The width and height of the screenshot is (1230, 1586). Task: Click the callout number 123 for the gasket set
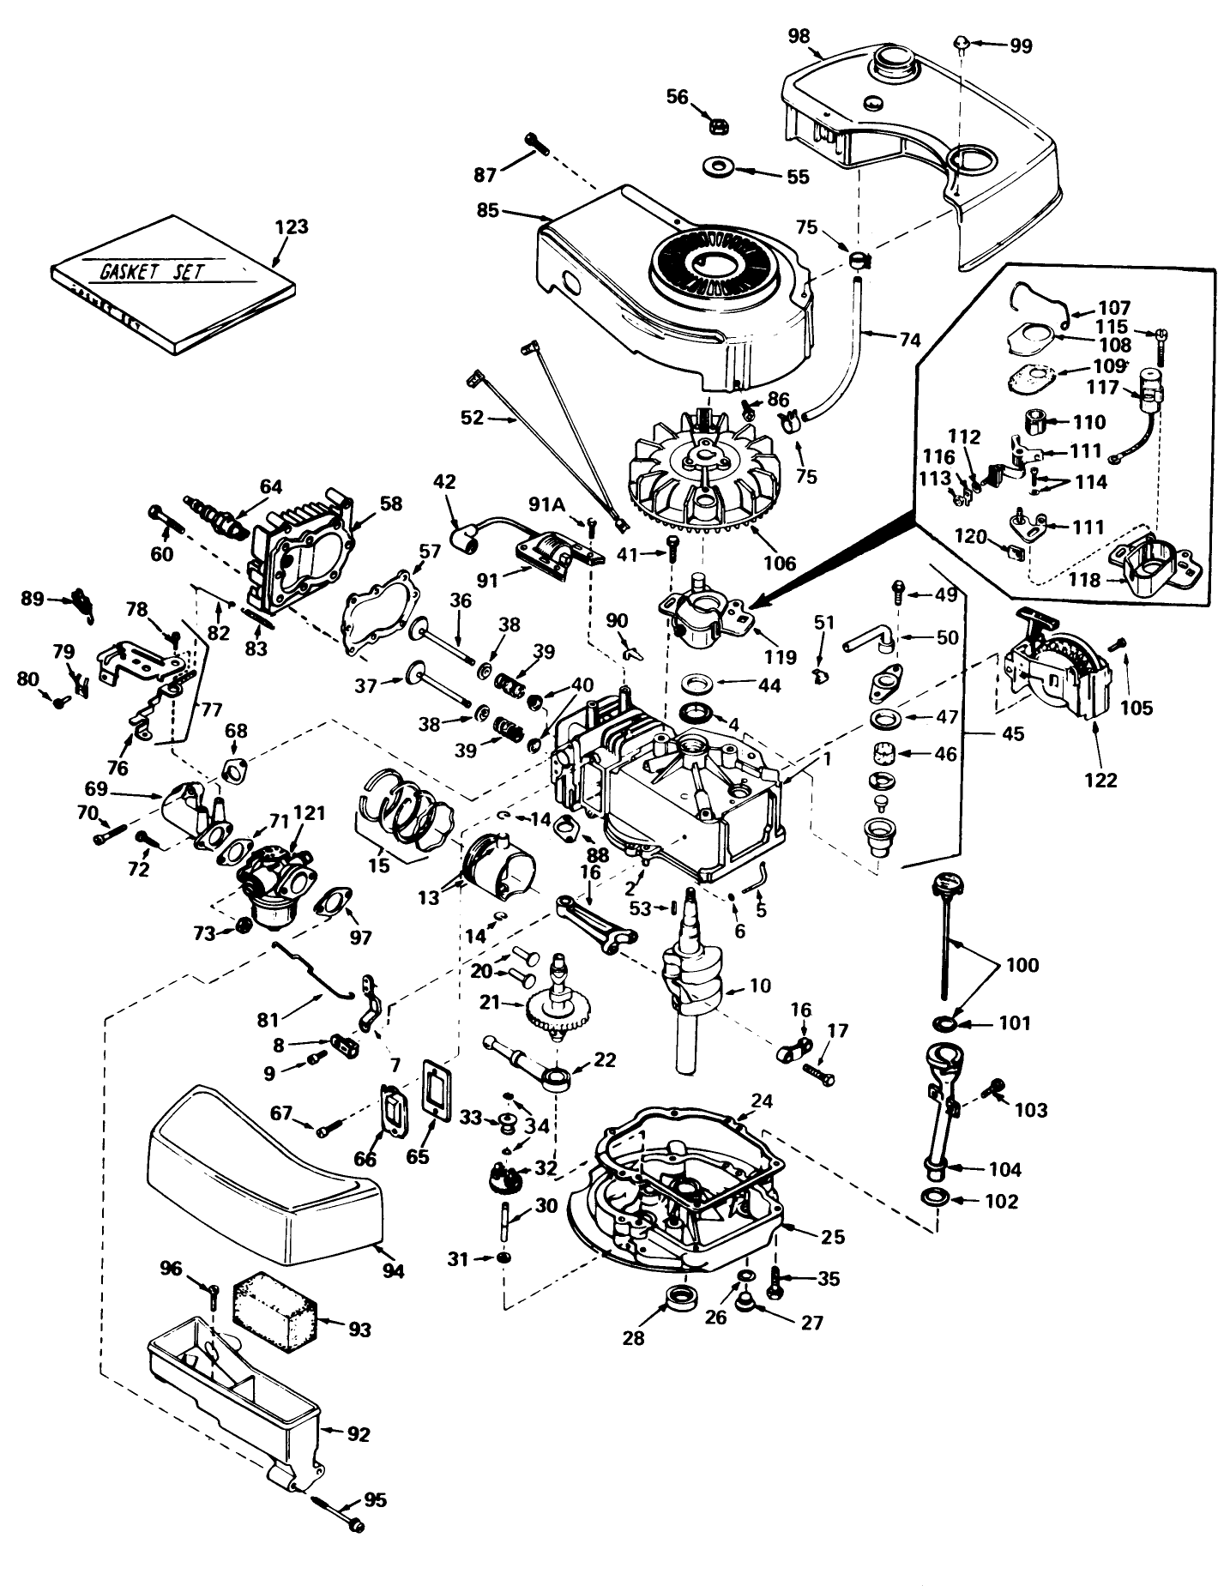[292, 227]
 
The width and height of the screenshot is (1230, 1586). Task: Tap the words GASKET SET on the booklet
[153, 272]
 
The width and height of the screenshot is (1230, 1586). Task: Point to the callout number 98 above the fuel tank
[799, 37]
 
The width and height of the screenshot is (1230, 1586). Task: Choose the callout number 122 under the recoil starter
[1101, 780]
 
